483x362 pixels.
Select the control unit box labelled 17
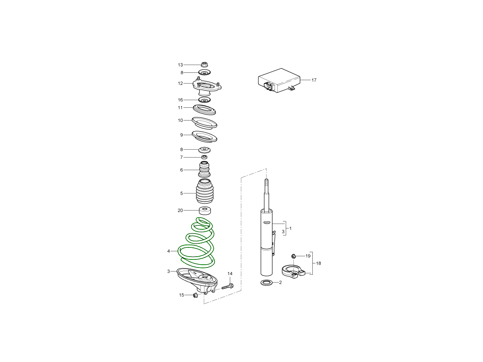point(279,80)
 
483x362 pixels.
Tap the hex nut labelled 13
point(204,65)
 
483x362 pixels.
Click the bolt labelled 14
point(227,286)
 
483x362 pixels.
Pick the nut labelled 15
point(195,295)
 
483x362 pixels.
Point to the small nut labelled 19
point(293,256)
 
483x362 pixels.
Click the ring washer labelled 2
point(266,282)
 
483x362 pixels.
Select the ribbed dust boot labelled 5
point(204,191)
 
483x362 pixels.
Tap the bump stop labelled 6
point(204,169)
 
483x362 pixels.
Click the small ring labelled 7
point(204,157)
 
